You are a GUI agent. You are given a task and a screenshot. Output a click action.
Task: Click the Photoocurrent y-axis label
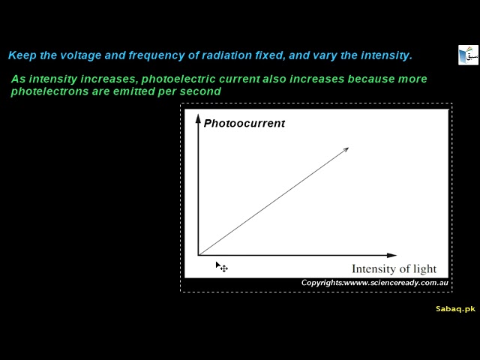coord(244,123)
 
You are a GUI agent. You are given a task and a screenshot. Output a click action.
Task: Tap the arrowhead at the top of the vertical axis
coord(198,118)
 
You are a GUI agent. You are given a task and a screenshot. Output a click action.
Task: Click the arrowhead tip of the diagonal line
coord(346,149)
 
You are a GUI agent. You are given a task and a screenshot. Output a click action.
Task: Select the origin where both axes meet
coord(199,255)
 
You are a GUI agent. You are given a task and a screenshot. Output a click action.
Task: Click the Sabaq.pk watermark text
coord(455,309)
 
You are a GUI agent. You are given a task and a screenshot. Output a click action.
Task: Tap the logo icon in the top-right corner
coord(468,55)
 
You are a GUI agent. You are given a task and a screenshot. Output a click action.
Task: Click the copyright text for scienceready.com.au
coord(374,283)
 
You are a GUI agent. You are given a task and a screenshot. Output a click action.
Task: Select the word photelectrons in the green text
coord(45,91)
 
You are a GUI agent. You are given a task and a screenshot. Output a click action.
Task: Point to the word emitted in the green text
coord(148,91)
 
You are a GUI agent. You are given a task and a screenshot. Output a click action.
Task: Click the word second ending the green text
coord(203,91)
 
